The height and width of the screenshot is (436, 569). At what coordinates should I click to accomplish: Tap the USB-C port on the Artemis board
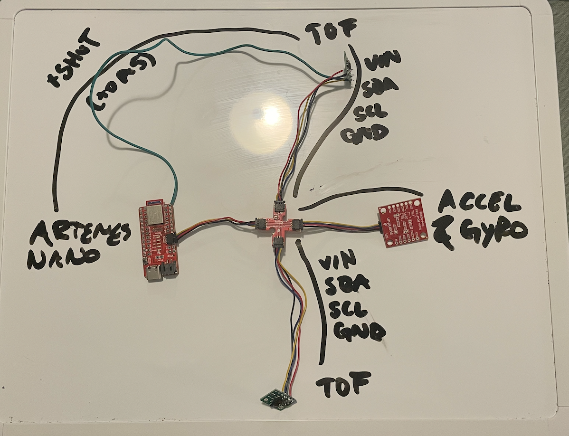click(155, 275)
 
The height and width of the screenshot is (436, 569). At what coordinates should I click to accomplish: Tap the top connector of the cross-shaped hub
click(279, 208)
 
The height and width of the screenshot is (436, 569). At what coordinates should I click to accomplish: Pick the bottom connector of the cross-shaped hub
click(279, 242)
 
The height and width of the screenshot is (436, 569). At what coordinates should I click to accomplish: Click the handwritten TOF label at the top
click(331, 30)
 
